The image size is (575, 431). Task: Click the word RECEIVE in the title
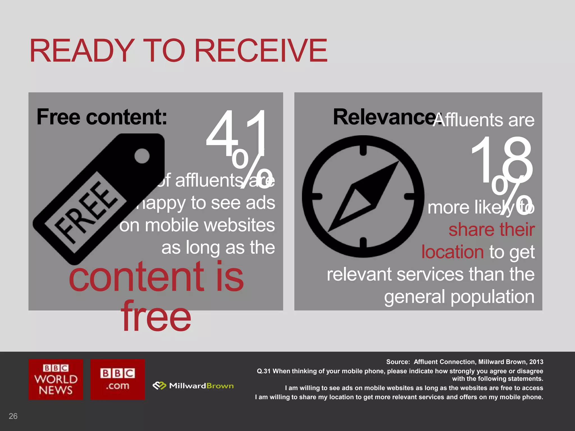tap(261, 51)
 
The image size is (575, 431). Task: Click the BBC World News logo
tap(56, 379)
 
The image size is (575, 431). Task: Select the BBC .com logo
tap(118, 379)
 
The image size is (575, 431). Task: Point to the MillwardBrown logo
tap(193, 386)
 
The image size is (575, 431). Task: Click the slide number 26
tap(13, 416)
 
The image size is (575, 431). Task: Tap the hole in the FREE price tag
tap(142, 156)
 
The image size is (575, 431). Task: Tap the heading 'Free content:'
tap(102, 117)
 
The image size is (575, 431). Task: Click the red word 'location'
tap(452, 252)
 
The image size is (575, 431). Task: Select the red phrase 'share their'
tap(491, 230)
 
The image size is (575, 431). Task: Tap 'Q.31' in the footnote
tap(264, 371)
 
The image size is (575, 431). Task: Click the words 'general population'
tap(459, 297)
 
